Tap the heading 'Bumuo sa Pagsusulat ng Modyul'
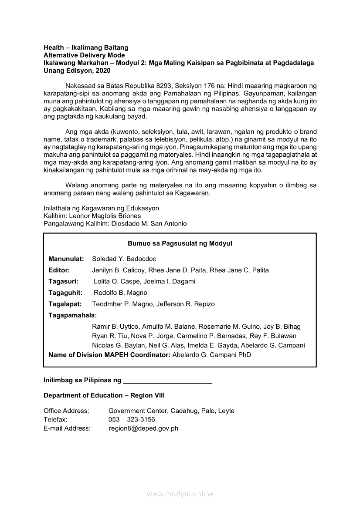click(x=180, y=243)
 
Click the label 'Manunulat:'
click(x=66, y=259)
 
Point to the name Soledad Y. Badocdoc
click(x=124, y=259)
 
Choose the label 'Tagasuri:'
click(x=64, y=281)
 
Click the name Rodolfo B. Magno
click(x=120, y=293)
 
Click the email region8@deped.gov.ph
click(x=143, y=428)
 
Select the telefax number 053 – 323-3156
click(x=132, y=419)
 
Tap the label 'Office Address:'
click(x=66, y=411)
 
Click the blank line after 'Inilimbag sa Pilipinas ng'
click(x=168, y=381)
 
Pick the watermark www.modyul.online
click(x=180, y=494)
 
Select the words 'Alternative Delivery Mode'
click(x=84, y=55)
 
